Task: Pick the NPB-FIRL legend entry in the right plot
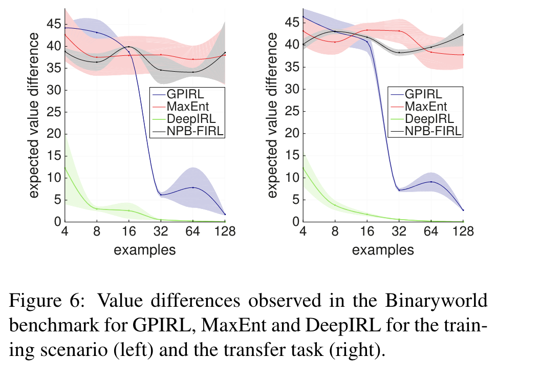pyautogui.click(x=432, y=131)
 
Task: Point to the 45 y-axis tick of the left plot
pyautogui.click(x=52, y=24)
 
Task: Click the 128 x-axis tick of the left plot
pyautogui.click(x=225, y=231)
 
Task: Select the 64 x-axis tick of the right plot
pyautogui.click(x=431, y=231)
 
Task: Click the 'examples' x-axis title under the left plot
pyautogui.click(x=145, y=250)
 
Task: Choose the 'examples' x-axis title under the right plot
pyautogui.click(x=383, y=250)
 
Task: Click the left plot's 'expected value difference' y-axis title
pyautogui.click(x=33, y=115)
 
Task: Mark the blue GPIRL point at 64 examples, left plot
pyautogui.click(x=193, y=187)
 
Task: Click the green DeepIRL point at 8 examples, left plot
pyautogui.click(x=97, y=208)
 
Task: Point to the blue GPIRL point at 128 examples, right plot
pyautogui.click(x=463, y=210)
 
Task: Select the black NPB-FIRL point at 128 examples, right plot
pyautogui.click(x=463, y=35)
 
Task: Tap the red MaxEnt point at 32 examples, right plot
pyautogui.click(x=399, y=31)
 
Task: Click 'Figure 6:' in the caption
pyautogui.click(x=44, y=302)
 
